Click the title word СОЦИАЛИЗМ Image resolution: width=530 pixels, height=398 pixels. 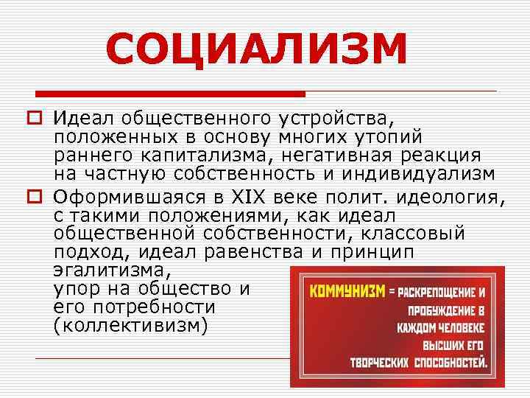click(x=256, y=49)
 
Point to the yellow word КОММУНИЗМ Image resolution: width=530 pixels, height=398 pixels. click(x=347, y=290)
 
